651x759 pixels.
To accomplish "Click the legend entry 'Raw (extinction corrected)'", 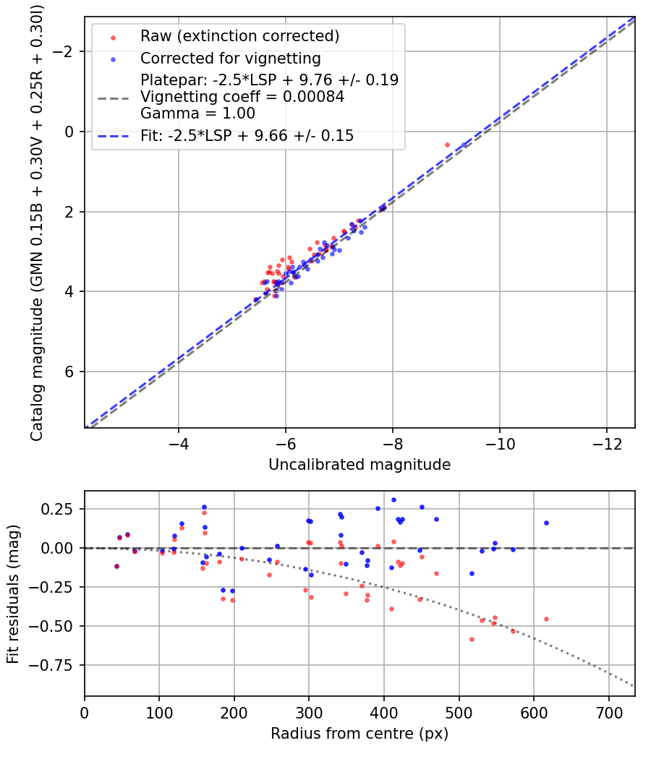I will coord(239,36).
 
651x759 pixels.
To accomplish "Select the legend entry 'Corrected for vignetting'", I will coord(231,58).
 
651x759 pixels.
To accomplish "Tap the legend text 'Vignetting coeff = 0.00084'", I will coord(242,96).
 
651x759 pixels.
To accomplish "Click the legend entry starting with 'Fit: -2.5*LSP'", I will coord(247,135).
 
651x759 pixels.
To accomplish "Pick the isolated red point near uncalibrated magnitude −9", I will coord(447,145).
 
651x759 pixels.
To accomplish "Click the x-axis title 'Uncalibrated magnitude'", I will coord(359,465).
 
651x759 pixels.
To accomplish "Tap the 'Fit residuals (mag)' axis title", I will coord(13,593).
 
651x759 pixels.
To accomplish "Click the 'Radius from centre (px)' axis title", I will coord(359,734).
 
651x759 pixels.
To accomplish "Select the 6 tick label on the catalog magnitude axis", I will coord(70,372).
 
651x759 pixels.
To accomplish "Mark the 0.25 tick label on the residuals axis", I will coord(61,509).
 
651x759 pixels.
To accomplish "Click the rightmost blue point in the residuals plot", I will coord(546,523).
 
